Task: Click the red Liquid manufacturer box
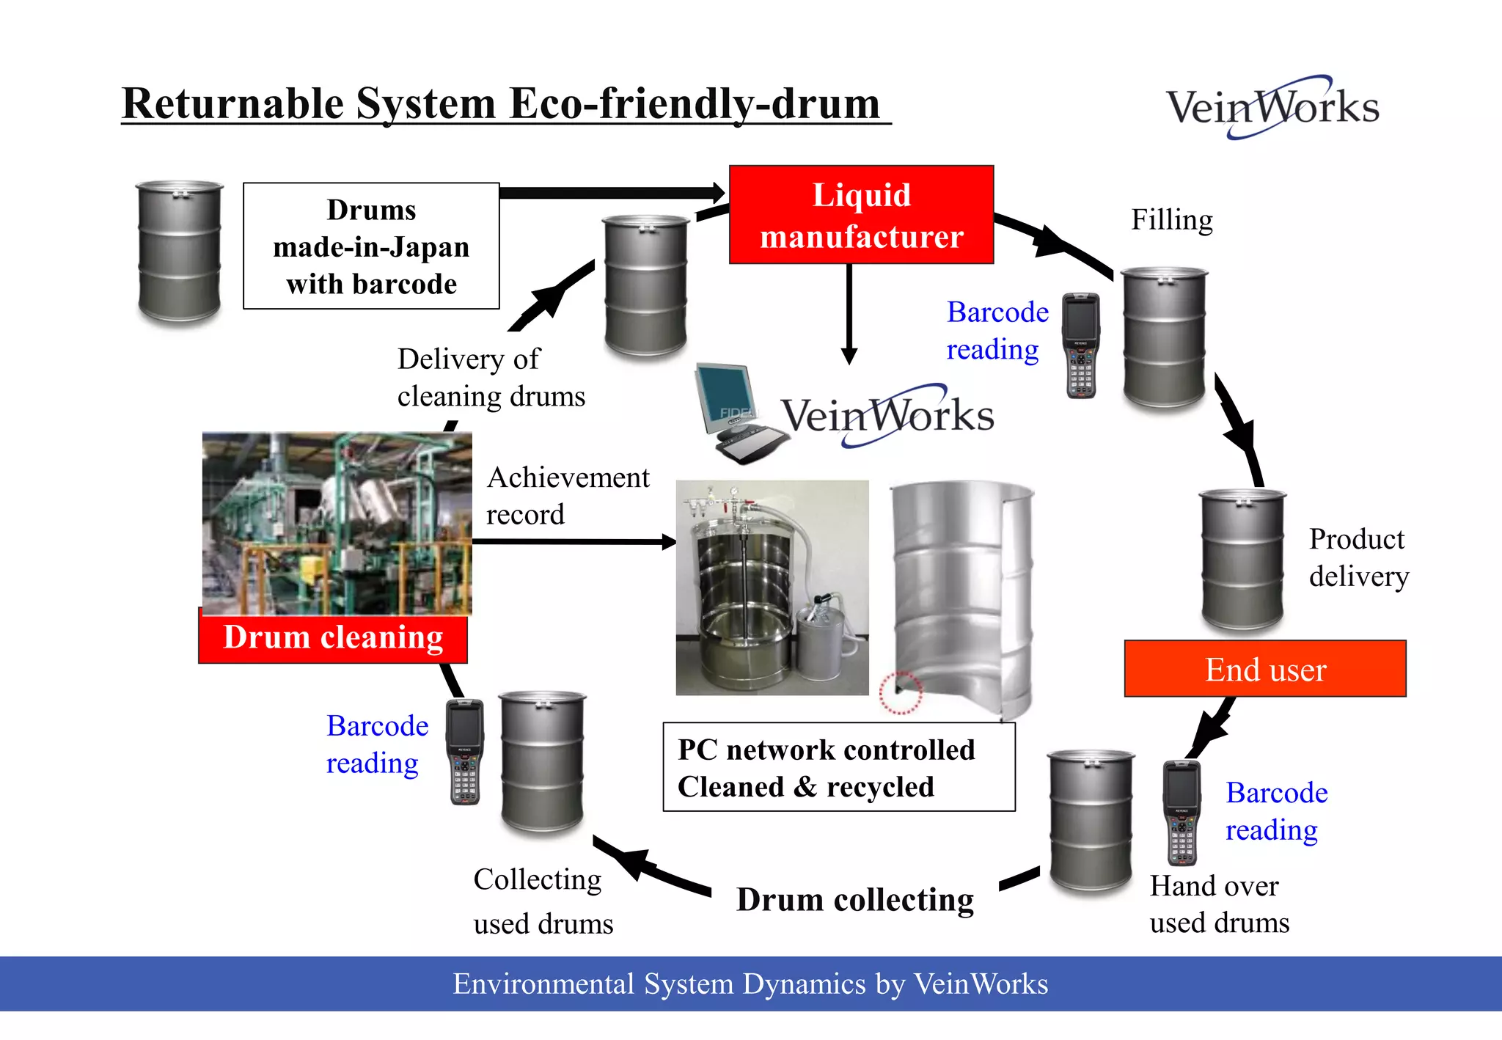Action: (x=861, y=215)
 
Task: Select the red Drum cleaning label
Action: (x=333, y=637)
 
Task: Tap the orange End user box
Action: (x=1265, y=669)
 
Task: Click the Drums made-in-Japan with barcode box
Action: (x=371, y=246)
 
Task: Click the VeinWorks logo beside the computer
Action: (x=887, y=416)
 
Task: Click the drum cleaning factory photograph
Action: (x=337, y=522)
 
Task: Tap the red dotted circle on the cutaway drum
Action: (x=900, y=692)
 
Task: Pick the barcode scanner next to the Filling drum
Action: (x=1081, y=345)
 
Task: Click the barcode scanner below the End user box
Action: (x=1182, y=813)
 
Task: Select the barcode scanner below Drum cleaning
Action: (x=466, y=752)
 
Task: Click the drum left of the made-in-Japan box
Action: (x=180, y=251)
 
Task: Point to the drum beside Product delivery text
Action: (x=1242, y=560)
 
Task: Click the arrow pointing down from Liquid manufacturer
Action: (x=849, y=315)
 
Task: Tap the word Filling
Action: (x=1171, y=220)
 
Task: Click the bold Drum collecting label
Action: (x=855, y=900)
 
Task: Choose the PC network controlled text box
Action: (x=838, y=767)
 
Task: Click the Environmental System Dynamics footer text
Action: (x=750, y=984)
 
